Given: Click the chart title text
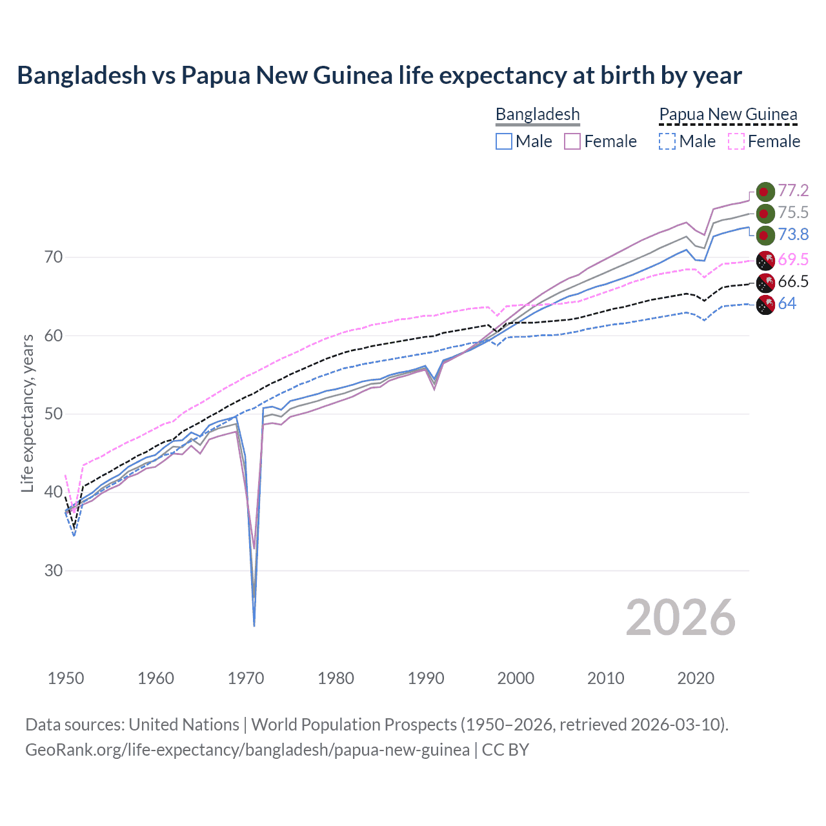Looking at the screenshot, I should (x=379, y=76).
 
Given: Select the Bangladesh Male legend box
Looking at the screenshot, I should (x=504, y=141).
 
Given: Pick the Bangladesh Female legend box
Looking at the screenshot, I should (x=572, y=141).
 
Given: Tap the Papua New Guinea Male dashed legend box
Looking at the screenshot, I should (x=667, y=141).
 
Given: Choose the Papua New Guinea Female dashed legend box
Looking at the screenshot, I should (x=736, y=141).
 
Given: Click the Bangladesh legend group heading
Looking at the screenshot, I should (x=538, y=114).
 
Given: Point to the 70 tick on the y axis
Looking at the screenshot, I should (x=54, y=257).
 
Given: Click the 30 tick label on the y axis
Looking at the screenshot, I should (x=54, y=571).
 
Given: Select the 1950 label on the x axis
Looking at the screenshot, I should (x=66, y=678).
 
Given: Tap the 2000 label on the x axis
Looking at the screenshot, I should (x=516, y=678).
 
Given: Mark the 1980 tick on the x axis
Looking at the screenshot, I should (x=336, y=678).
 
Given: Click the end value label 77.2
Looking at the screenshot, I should (x=793, y=190).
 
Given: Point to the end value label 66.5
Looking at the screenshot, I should (x=793, y=282).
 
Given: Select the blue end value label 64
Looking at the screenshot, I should (x=787, y=304).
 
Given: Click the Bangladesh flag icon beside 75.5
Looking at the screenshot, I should (x=765, y=214).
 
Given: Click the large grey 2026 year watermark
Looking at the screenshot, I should (x=680, y=618).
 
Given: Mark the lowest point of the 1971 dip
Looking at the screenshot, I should (x=254, y=625).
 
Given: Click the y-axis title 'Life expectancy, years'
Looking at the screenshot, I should (x=27, y=413).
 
